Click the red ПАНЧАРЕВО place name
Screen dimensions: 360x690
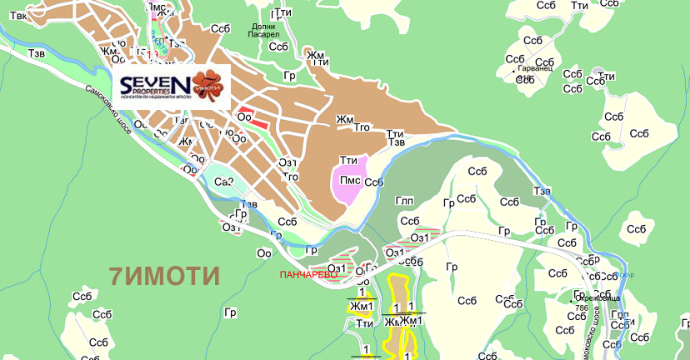[x=308, y=273]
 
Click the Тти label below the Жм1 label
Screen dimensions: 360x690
[x=363, y=323]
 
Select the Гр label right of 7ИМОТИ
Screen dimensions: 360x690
[x=231, y=312]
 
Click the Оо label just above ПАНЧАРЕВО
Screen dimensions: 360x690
[x=265, y=253]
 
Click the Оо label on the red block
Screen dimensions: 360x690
[x=244, y=117]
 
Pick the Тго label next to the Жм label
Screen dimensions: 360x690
[x=362, y=127]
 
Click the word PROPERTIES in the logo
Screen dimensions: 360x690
[x=146, y=92]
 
